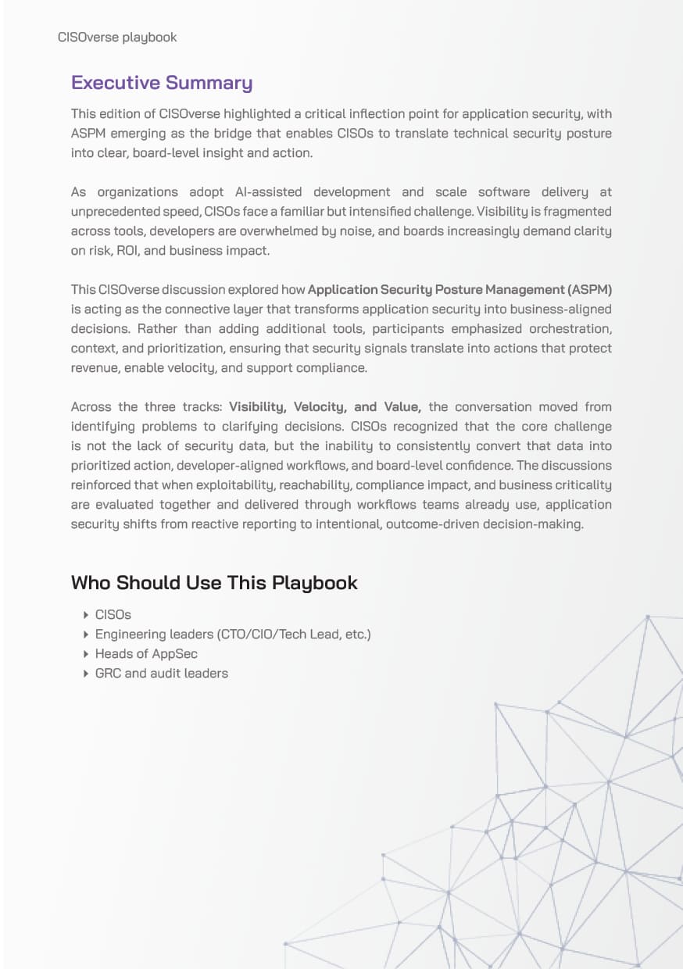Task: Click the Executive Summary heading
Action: [162, 83]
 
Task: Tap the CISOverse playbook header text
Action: [117, 37]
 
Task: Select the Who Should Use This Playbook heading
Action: [214, 582]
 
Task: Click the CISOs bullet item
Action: [113, 615]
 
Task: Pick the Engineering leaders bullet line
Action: [232, 635]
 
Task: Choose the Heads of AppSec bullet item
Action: [146, 654]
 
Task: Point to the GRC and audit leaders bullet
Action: [161, 674]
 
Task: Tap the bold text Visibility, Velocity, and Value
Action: [325, 407]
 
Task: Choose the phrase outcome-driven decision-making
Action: [484, 524]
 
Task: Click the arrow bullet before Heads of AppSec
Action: [86, 654]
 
